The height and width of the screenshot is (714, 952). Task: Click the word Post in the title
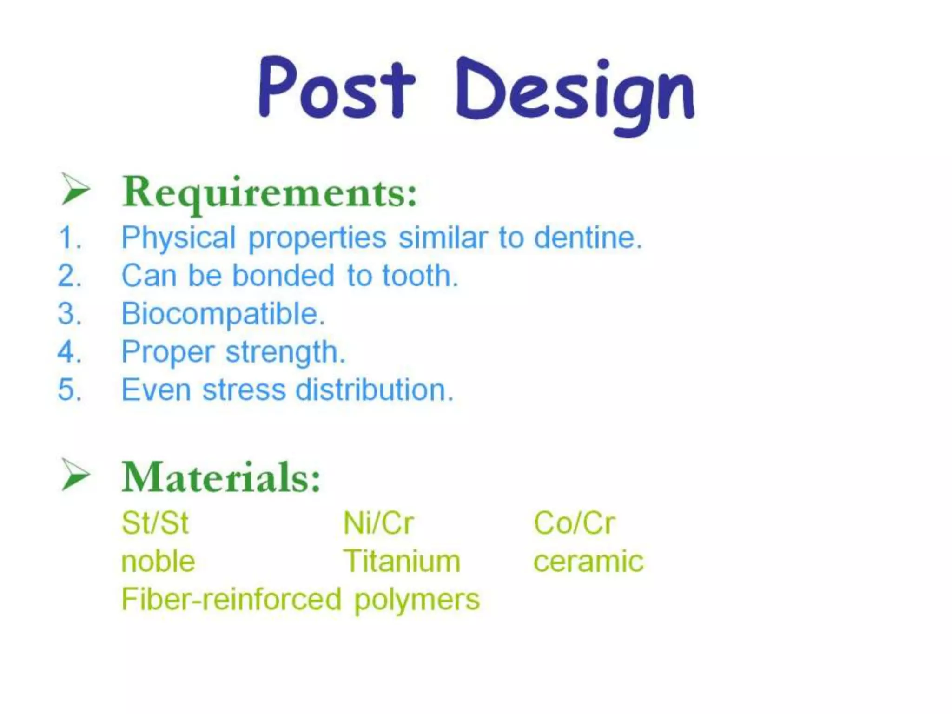click(x=336, y=88)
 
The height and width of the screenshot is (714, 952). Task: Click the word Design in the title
click(x=575, y=93)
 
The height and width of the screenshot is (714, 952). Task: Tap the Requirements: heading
click(x=270, y=192)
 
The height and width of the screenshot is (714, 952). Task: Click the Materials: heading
click(x=221, y=477)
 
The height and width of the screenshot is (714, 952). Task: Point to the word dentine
click(x=588, y=238)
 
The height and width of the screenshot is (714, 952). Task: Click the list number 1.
click(x=70, y=238)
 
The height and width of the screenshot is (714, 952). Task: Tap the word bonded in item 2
click(x=283, y=276)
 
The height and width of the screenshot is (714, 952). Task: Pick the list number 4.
click(x=70, y=352)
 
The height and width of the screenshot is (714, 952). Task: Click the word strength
click(x=285, y=352)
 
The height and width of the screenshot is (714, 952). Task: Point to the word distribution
click(x=374, y=390)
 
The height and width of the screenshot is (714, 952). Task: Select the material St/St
click(x=155, y=523)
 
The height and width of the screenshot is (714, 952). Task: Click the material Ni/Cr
click(x=378, y=523)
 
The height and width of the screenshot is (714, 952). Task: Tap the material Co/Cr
click(x=574, y=523)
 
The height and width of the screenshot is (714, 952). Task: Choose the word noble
click(x=158, y=562)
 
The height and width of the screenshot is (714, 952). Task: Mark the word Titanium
click(x=402, y=562)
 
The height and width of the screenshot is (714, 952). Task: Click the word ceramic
click(x=588, y=562)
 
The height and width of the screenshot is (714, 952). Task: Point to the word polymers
click(x=416, y=600)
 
